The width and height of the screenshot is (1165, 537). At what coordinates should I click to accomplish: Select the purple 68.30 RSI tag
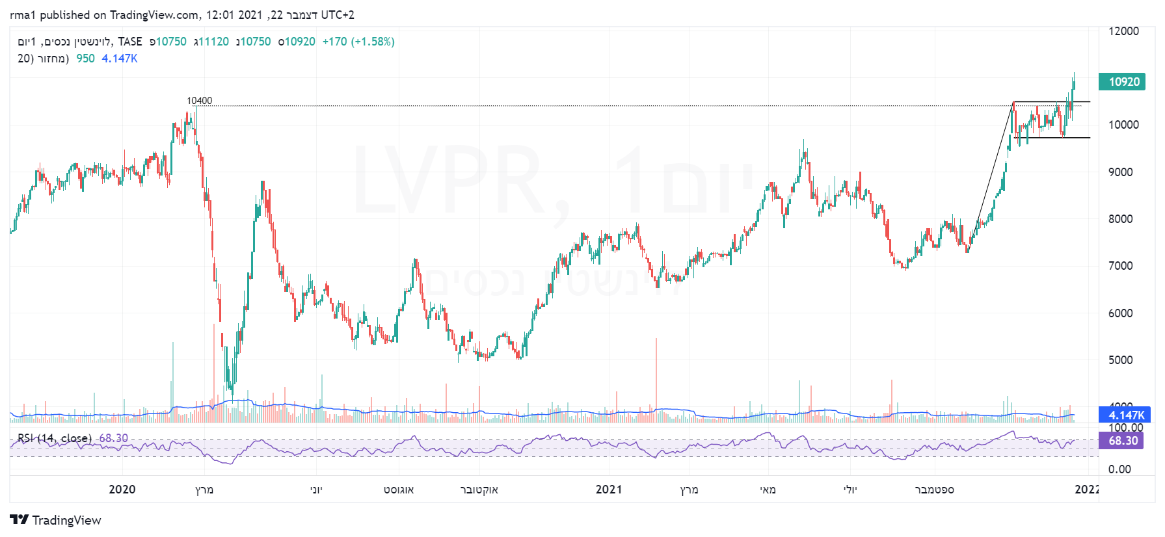point(1122,441)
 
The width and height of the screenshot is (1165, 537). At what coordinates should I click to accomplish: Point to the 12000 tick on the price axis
point(1123,31)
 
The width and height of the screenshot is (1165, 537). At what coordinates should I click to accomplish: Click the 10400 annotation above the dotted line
point(199,101)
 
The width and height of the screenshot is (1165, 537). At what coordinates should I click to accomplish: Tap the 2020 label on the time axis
point(122,490)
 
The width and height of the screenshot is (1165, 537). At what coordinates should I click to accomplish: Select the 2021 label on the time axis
point(608,490)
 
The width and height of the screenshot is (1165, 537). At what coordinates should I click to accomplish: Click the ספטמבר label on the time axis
point(934,490)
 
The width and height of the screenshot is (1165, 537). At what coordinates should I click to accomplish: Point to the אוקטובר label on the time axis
point(479,490)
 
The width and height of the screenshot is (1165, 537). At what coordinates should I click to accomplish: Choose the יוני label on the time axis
point(316,490)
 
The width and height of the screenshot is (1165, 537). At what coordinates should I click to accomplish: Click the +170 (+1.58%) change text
point(358,42)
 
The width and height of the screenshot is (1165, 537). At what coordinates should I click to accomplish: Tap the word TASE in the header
point(130,42)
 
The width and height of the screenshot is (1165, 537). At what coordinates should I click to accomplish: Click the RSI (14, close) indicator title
point(55,438)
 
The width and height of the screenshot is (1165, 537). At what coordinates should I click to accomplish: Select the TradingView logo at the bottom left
point(55,520)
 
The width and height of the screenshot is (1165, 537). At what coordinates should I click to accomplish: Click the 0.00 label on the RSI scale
point(1119,469)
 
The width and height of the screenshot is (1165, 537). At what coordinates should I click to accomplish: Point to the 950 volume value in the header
point(85,59)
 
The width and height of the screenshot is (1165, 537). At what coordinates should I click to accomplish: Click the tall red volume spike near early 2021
point(656,377)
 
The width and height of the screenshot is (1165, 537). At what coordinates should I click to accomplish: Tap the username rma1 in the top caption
point(23,15)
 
